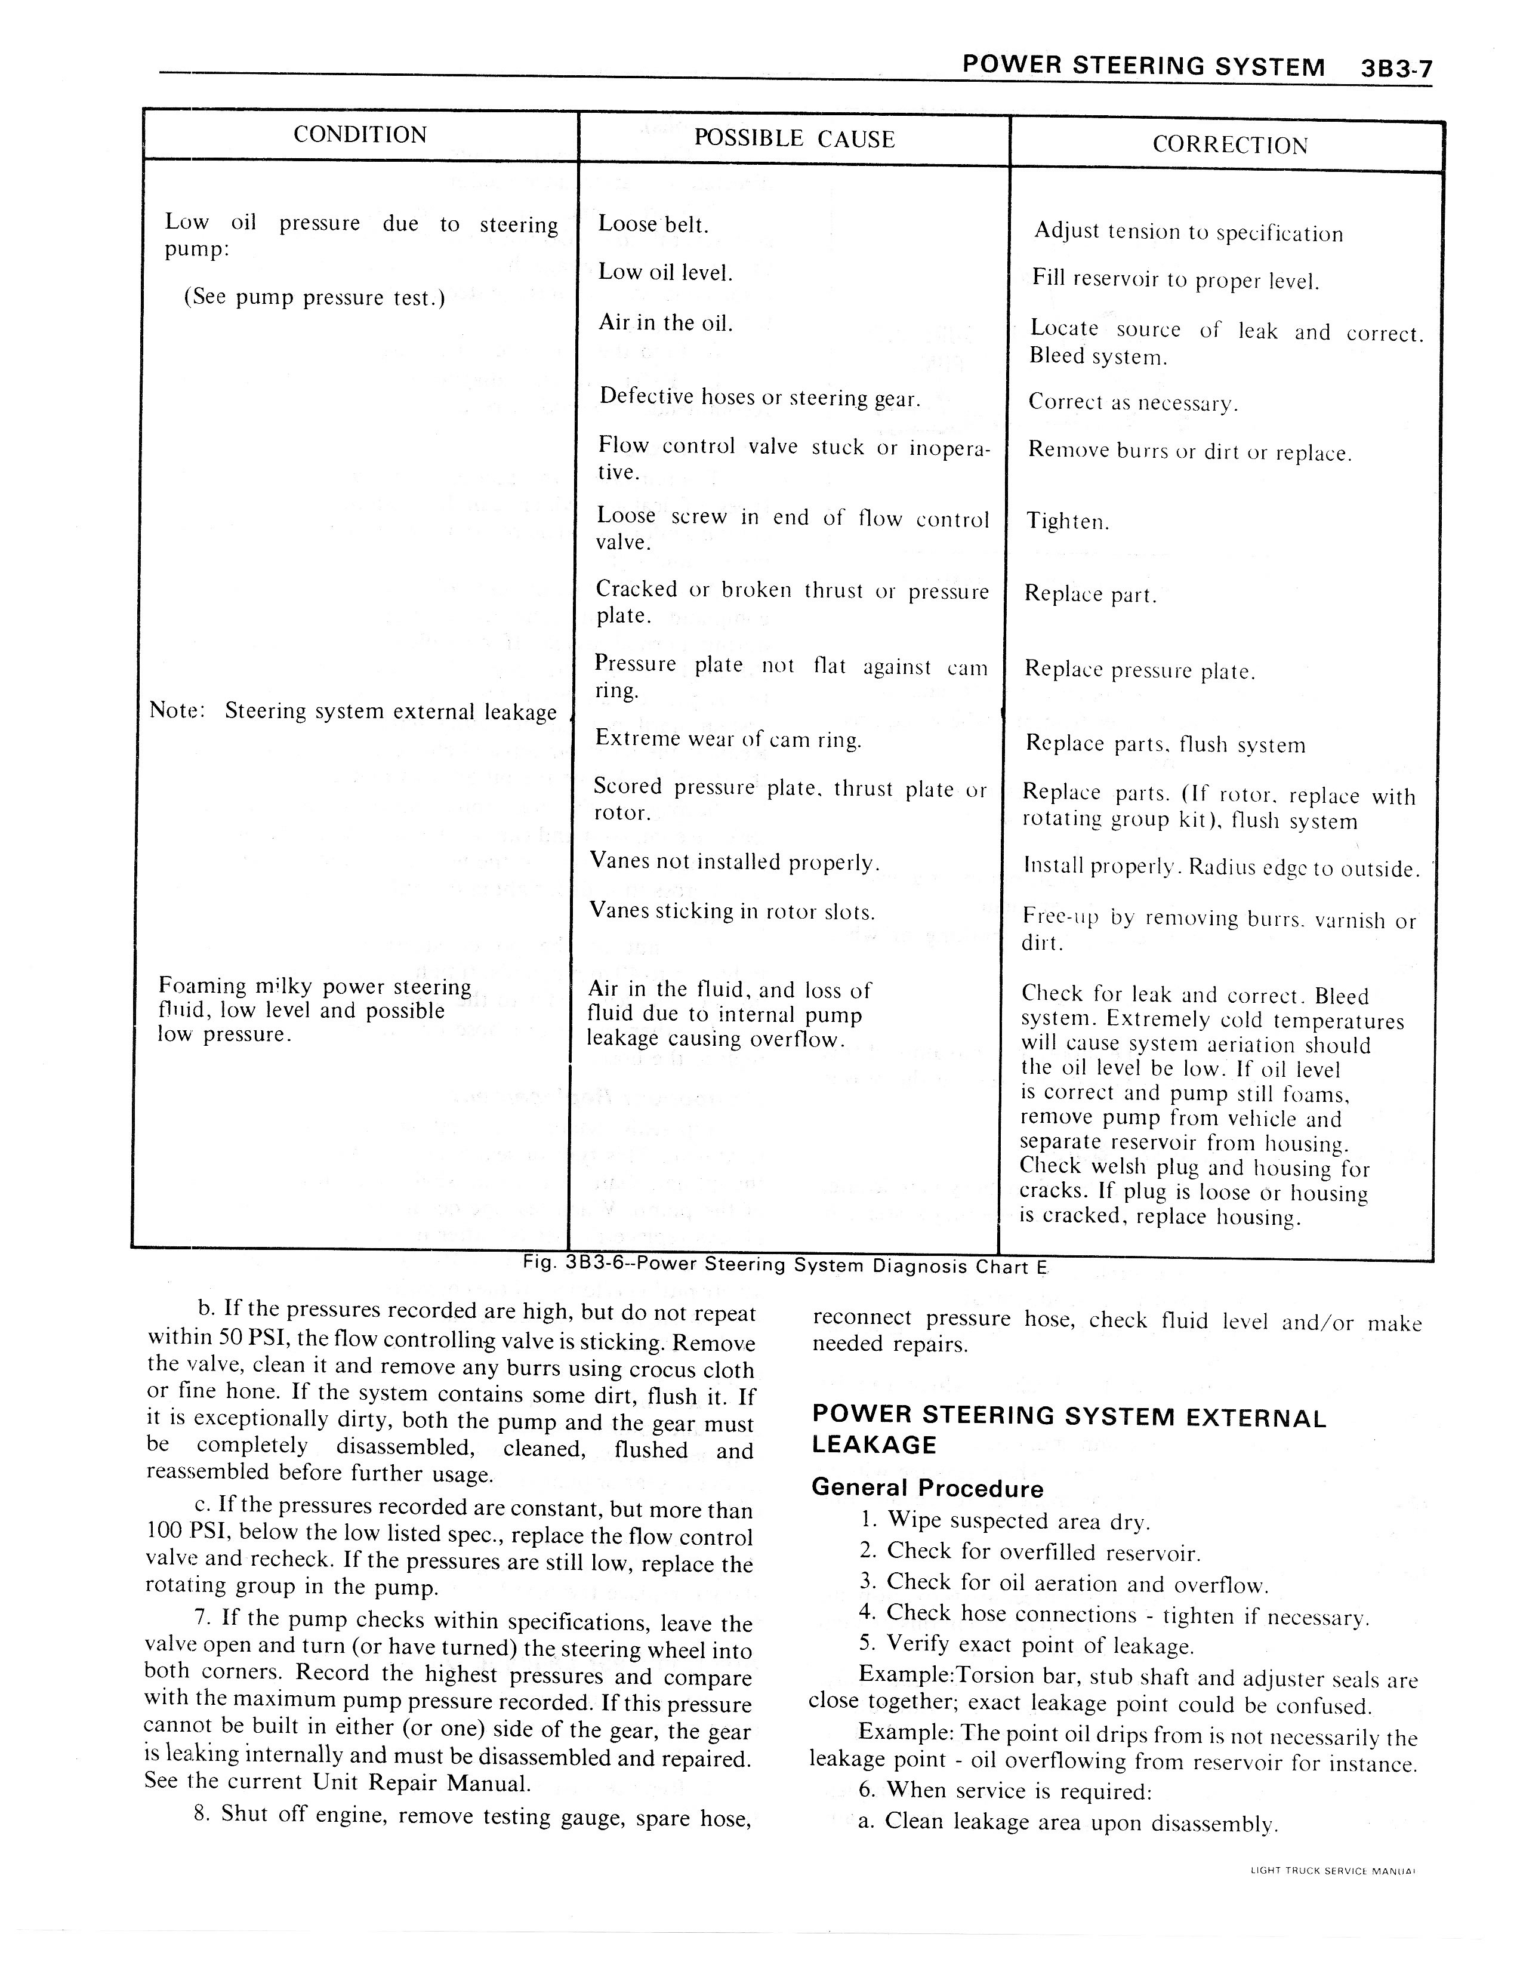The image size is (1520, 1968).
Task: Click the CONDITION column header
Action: coord(360,135)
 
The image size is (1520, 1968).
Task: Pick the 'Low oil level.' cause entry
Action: coord(665,272)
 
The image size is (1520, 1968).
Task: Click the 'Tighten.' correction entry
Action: coord(1068,522)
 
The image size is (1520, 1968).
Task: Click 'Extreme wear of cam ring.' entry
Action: coord(728,740)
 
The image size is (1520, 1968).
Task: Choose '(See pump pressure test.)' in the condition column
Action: coord(315,297)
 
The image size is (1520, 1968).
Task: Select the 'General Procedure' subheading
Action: coord(927,1487)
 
